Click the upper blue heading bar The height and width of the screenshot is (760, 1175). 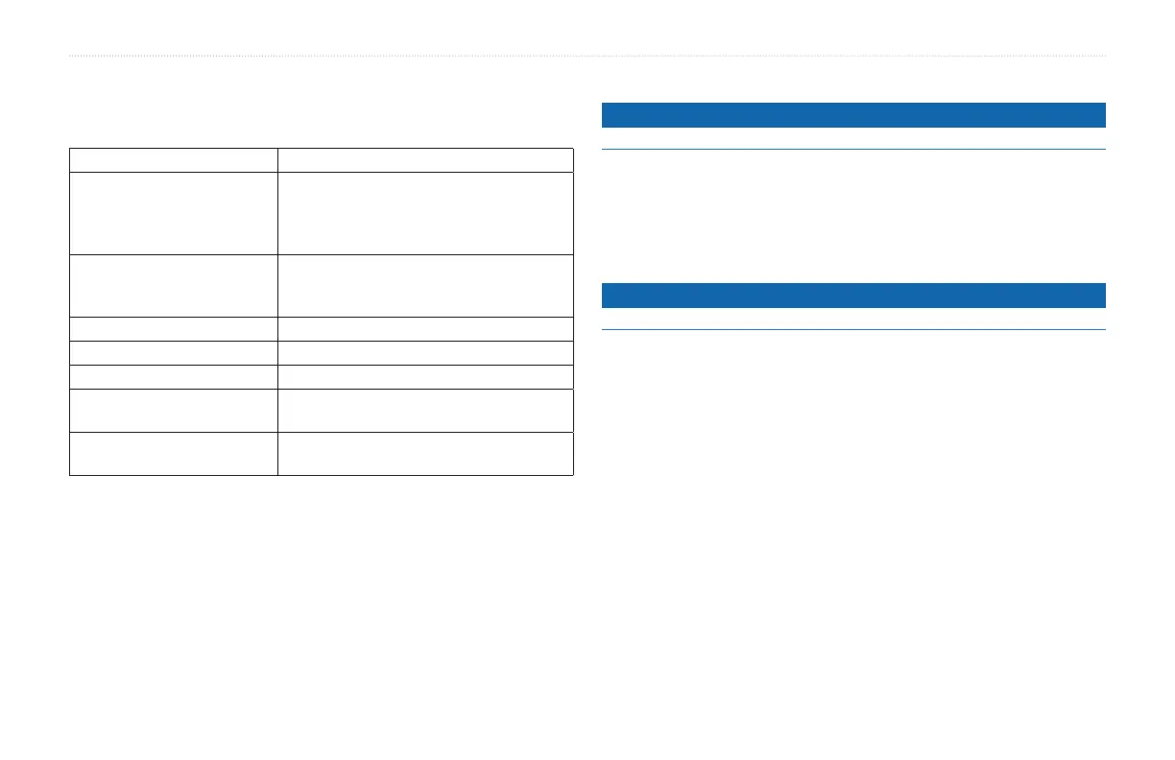[853, 115]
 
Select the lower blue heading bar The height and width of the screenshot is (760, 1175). [853, 295]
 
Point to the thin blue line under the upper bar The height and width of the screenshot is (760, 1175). [853, 149]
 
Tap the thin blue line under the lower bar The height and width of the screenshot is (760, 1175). [853, 330]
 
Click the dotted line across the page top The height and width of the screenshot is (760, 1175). [587, 56]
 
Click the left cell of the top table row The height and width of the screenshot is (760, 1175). [174, 160]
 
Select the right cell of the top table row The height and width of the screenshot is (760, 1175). [425, 160]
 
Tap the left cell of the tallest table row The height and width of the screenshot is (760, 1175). [174, 213]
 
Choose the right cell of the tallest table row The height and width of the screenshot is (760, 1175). [425, 213]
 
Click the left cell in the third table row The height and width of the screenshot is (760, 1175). [174, 285]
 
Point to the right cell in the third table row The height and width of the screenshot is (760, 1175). [425, 285]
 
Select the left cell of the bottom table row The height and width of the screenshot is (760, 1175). [174, 454]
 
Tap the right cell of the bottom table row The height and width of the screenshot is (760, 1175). [425, 454]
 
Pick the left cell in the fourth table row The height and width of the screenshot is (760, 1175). [174, 328]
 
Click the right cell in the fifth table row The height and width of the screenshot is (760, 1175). [425, 352]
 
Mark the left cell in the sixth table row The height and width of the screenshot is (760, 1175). [174, 375]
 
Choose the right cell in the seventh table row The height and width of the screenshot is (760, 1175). [425, 411]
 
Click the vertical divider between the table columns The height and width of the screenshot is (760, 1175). [277, 311]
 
